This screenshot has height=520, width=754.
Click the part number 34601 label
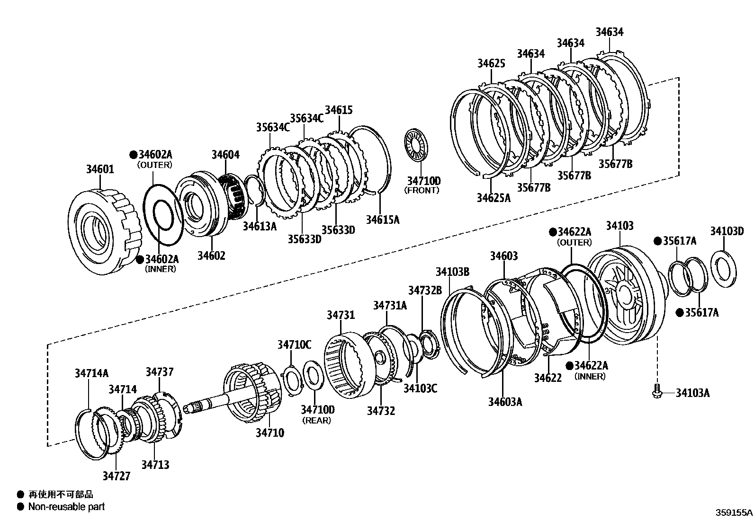pos(100,169)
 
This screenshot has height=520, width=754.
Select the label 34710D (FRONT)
pos(423,181)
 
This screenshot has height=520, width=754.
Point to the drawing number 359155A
pos(734,512)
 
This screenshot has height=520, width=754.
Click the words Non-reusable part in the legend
pos(66,507)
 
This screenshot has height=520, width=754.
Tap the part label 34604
pos(225,155)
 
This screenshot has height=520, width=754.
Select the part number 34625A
pos(494,197)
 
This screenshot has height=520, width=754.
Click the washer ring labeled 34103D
pos(724,268)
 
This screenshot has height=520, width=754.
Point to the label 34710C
pos(294,344)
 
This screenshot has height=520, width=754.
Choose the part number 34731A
pos(390,306)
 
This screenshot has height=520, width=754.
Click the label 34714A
pos(91,373)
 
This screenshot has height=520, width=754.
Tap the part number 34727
pos(116,476)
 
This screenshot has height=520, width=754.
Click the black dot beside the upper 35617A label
pos(657,241)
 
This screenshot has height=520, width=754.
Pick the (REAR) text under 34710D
pos(317,420)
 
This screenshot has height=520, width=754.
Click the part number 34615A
pos(383,220)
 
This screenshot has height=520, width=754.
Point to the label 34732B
pos(425,290)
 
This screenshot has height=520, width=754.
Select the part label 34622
pos(548,378)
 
